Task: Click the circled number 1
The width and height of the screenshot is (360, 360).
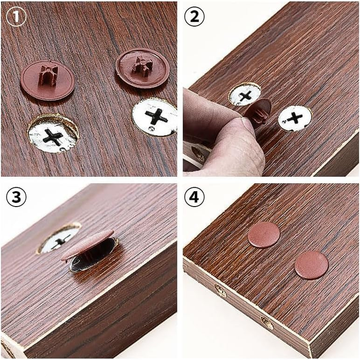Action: (x=16, y=17)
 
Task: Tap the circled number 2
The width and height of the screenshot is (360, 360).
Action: (x=194, y=17)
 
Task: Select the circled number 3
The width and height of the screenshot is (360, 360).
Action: (x=16, y=197)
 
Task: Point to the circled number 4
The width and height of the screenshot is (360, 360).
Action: (x=194, y=197)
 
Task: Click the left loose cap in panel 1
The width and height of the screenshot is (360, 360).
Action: (x=48, y=81)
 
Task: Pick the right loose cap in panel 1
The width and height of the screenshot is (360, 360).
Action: (x=143, y=68)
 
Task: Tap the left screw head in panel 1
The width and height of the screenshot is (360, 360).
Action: (x=53, y=133)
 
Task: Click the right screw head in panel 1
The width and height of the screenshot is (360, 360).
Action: (x=154, y=117)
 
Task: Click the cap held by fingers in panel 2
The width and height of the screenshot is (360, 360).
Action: (x=258, y=112)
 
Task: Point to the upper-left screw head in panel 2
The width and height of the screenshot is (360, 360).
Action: (x=245, y=94)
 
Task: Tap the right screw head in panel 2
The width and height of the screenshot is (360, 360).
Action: (x=295, y=118)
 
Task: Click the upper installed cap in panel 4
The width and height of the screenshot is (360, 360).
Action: (x=264, y=234)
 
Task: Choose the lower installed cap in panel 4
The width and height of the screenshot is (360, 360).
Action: (x=311, y=265)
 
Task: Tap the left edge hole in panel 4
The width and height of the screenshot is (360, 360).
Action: (x=221, y=291)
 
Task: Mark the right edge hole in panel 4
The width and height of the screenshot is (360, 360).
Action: (x=267, y=323)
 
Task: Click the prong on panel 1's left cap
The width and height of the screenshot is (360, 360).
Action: (x=49, y=75)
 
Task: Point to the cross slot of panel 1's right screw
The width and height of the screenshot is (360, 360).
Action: (x=156, y=117)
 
